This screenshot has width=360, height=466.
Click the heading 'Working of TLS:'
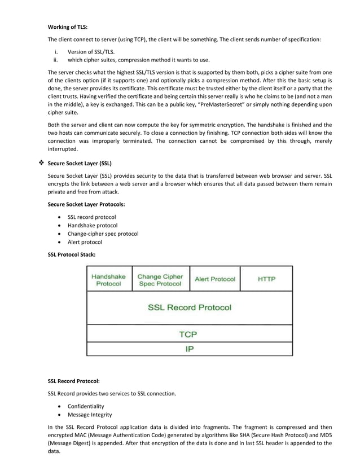point(68,27)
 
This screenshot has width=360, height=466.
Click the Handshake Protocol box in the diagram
point(109,280)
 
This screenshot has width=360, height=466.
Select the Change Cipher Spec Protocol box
point(160,280)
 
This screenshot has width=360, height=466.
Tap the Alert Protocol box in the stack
point(215,279)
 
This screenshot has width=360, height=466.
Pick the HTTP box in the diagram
point(266,279)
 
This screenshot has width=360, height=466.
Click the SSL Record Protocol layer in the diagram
point(190,307)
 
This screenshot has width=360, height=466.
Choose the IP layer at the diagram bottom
point(190,349)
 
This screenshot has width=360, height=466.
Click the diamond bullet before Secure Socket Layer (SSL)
point(40,164)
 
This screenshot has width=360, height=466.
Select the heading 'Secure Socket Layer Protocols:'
point(86,204)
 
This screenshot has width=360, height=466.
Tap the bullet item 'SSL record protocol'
point(91,217)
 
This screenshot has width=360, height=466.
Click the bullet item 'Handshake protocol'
point(93,225)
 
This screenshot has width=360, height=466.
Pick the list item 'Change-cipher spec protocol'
point(103,234)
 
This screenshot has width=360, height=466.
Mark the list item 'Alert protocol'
point(85,242)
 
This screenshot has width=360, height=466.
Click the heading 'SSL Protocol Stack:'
point(72,254)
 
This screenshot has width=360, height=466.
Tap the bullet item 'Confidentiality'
point(86,406)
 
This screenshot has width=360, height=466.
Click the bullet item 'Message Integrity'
point(90,415)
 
